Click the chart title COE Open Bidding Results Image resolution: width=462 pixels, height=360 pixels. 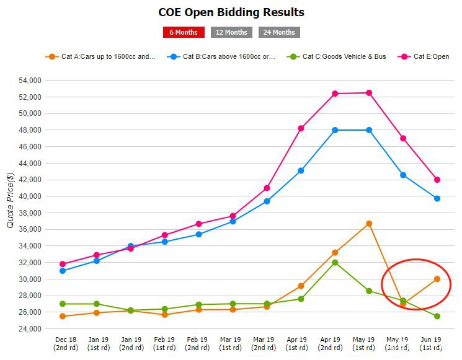click(x=231, y=12)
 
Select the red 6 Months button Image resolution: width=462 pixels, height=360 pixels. click(x=183, y=32)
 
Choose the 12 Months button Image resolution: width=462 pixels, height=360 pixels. click(x=231, y=32)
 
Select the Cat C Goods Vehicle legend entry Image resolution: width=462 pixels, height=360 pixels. click(x=340, y=56)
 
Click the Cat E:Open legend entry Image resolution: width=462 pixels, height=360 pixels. click(x=427, y=56)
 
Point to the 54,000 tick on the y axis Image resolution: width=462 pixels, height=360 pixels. click(x=29, y=81)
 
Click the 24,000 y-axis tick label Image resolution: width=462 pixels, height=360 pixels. click(x=29, y=328)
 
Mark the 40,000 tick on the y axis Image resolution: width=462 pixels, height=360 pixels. click(x=29, y=196)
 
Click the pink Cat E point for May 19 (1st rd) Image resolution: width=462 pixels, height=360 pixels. click(x=369, y=93)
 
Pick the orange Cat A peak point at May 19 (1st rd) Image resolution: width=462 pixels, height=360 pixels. click(x=369, y=224)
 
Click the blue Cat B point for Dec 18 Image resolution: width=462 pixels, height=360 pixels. click(x=63, y=271)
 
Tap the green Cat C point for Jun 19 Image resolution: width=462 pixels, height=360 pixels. click(x=437, y=316)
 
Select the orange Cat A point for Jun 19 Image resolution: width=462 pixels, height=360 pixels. click(x=437, y=279)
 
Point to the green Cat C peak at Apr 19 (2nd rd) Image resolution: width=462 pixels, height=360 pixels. click(x=335, y=263)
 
